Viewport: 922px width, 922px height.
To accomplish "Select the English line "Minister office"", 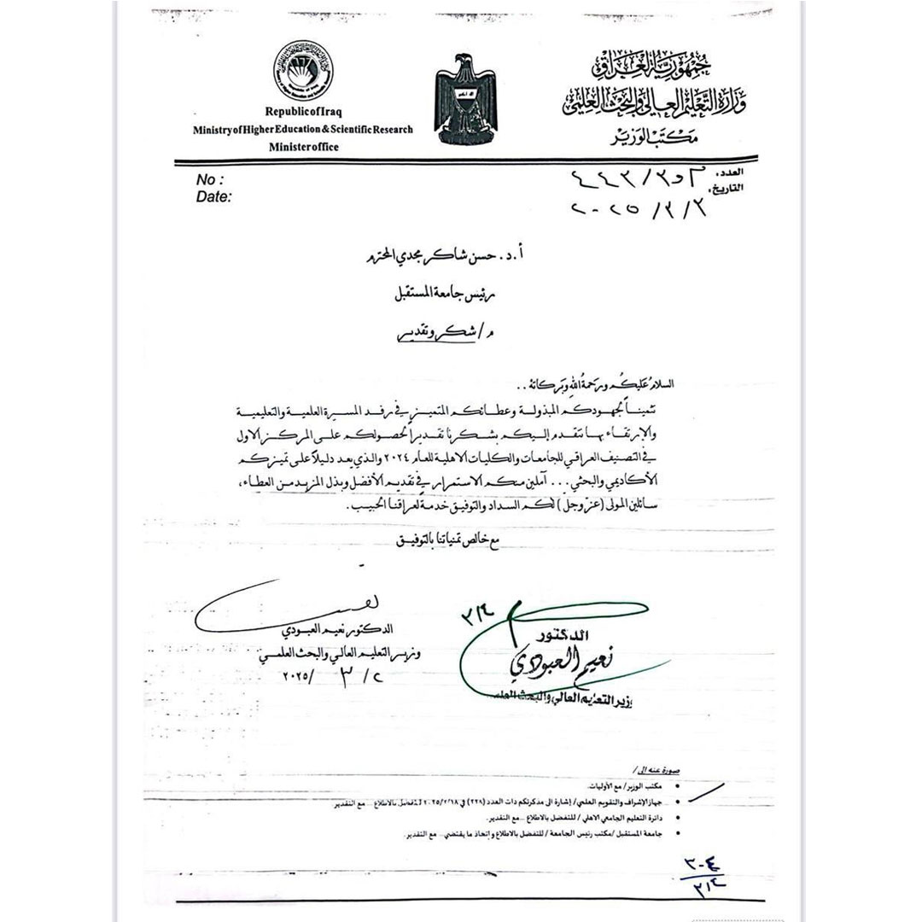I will pyautogui.click(x=303, y=147).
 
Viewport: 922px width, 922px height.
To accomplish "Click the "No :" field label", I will pyautogui.click(x=210, y=180).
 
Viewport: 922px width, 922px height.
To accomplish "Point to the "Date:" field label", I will pyautogui.click(x=214, y=197).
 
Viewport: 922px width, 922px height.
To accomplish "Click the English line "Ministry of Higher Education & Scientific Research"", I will pyautogui.click(x=303, y=130).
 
